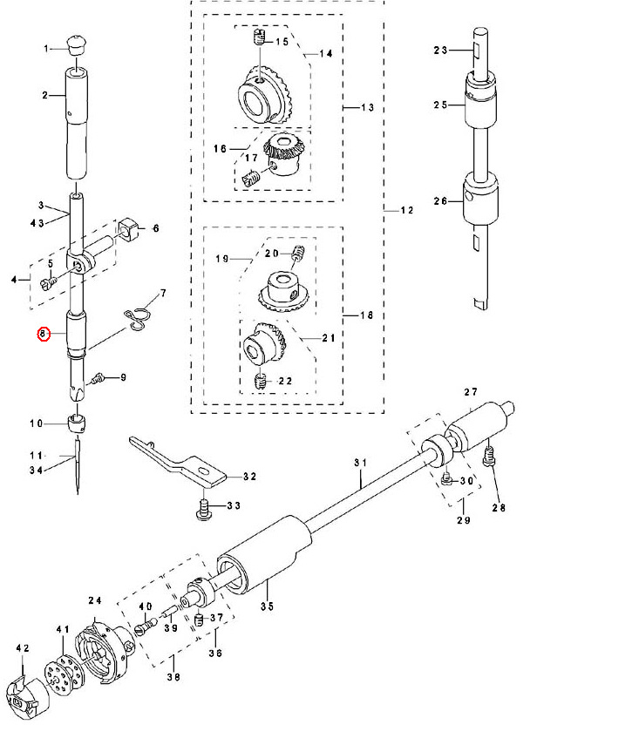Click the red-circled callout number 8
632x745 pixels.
[x=41, y=334]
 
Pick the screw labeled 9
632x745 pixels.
[x=100, y=378]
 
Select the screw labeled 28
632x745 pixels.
[x=491, y=456]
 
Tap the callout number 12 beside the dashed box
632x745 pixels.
[x=407, y=212]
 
